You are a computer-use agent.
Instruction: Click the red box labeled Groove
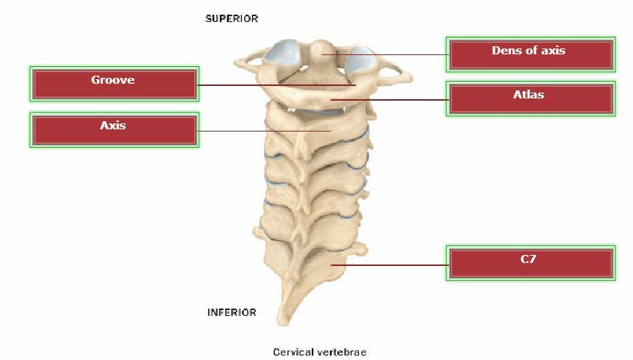click(113, 84)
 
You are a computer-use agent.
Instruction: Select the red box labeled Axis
click(113, 130)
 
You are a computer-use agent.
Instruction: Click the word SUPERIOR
click(232, 18)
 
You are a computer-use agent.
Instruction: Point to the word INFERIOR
click(232, 312)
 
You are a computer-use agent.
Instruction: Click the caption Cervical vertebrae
click(319, 352)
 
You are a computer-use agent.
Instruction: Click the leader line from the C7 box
click(390, 264)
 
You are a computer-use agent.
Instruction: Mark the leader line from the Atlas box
click(390, 99)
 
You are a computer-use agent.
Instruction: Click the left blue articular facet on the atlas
click(282, 53)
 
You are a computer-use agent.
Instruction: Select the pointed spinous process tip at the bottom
click(280, 321)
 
